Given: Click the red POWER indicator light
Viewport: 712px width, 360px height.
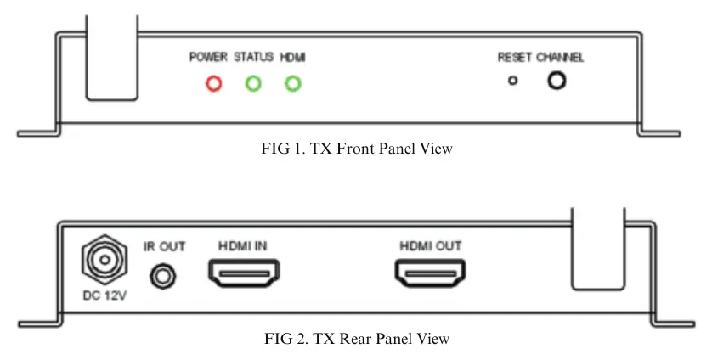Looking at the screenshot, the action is [214, 83].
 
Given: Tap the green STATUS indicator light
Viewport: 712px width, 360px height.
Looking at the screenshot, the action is [253, 83].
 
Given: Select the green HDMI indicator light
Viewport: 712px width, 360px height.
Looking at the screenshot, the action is [293, 83].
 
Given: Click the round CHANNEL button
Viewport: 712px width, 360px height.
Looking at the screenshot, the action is [557, 81].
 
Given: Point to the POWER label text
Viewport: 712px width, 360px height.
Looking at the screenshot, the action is [208, 57].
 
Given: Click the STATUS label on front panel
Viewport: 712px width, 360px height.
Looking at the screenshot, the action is [254, 57].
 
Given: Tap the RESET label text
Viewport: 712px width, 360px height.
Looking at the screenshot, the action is [515, 57].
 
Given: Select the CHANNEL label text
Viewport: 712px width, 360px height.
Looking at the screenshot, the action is [560, 57].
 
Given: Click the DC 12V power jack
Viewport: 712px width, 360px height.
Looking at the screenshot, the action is [105, 260].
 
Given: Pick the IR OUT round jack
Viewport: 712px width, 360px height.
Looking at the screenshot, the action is [163, 276].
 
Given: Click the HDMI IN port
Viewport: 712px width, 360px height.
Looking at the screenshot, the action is [244, 273].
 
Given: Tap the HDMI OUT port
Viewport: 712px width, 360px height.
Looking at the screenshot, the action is [430, 273].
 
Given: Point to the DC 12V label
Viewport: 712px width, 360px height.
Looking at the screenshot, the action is [105, 295].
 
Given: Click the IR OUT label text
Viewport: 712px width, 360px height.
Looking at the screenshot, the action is [164, 246].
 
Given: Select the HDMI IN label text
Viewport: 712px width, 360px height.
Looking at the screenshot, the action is [243, 246].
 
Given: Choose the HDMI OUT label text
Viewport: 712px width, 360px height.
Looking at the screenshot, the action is [431, 246].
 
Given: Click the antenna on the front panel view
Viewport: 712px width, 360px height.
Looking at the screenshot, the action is [111, 58].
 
